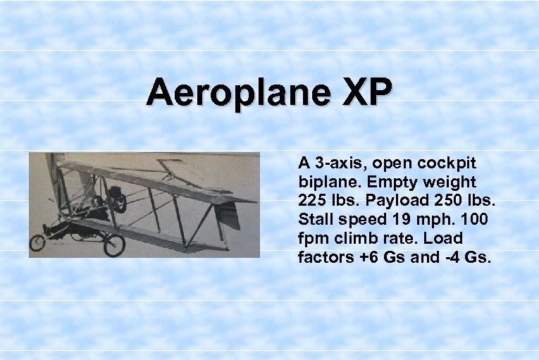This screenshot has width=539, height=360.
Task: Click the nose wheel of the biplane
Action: pyautogui.click(x=37, y=244)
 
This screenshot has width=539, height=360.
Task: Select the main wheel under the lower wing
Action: pyautogui.click(x=113, y=244)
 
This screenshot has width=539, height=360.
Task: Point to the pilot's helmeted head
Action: pyautogui.click(x=118, y=203)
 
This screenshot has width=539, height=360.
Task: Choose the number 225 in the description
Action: pyautogui.click(x=312, y=200)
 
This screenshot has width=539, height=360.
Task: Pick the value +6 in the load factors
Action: pyautogui.click(x=369, y=257)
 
